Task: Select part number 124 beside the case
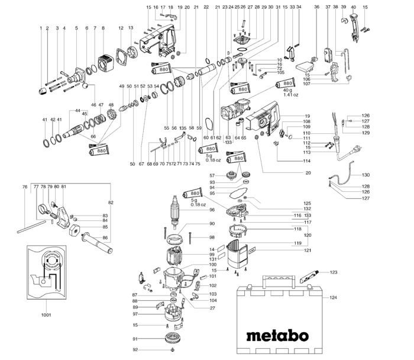point(332,297)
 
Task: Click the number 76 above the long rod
point(24,187)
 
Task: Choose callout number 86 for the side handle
point(105,238)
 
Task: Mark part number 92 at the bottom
point(135,350)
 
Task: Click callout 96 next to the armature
point(212,210)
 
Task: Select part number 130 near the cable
point(366,175)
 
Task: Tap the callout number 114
point(307,161)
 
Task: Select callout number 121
point(308,250)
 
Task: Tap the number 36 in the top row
point(316,7)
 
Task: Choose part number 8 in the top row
point(103,28)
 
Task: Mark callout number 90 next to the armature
point(212,224)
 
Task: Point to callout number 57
point(212,176)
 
